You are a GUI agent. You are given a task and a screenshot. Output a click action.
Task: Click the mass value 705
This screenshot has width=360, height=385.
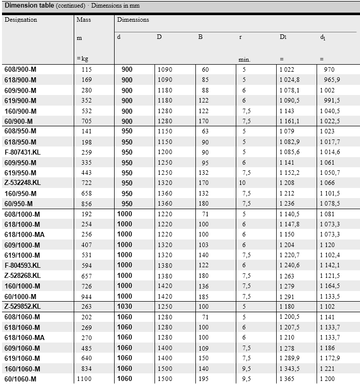87,121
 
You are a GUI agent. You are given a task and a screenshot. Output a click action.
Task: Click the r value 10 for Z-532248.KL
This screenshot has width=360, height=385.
243,183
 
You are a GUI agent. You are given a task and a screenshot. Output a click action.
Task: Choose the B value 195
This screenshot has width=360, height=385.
205,379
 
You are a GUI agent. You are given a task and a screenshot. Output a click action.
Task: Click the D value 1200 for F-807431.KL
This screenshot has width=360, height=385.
165,152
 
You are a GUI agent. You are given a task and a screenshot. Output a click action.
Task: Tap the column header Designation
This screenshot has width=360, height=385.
21,20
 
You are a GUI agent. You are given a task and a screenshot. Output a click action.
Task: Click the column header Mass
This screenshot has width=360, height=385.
83,20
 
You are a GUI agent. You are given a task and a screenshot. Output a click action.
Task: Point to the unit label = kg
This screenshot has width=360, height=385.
82,59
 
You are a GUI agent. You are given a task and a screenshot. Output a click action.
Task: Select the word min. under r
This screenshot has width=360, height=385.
244,60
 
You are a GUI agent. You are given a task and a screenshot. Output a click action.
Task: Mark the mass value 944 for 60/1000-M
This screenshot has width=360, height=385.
87,297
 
